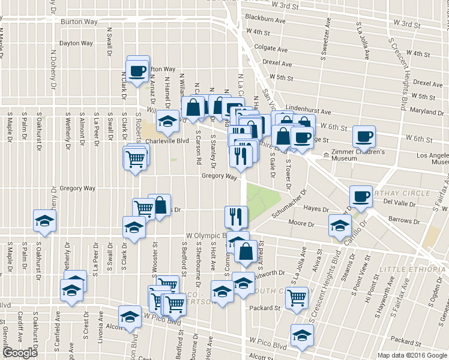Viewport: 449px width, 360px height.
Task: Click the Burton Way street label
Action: (x=79, y=22)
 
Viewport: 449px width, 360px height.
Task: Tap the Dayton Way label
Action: (x=76, y=43)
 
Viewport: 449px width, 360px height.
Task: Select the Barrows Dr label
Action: (x=404, y=220)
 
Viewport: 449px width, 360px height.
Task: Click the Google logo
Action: (x=20, y=353)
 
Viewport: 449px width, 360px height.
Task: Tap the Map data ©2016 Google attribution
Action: (x=412, y=355)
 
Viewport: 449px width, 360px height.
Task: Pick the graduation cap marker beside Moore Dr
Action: (x=340, y=226)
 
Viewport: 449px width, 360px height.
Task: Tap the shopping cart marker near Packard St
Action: (x=297, y=297)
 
